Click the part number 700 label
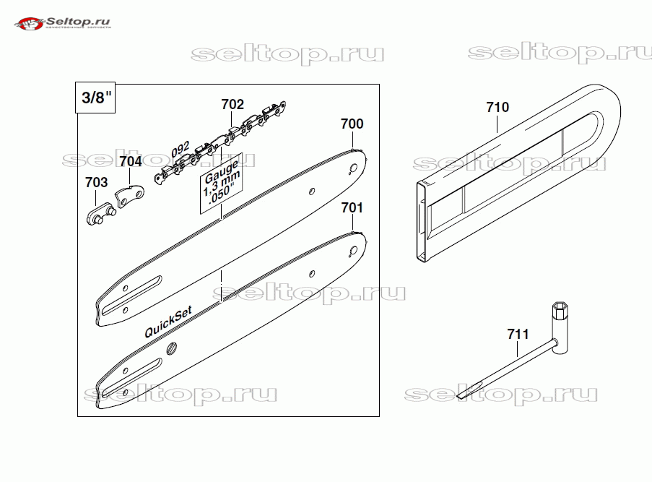(352, 124)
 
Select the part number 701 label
(352, 208)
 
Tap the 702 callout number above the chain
(232, 105)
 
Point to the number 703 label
(96, 182)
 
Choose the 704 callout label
(131, 161)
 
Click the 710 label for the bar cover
(497, 108)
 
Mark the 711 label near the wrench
(518, 335)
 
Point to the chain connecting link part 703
(100, 215)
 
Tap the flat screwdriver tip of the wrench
(462, 394)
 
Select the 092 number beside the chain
(181, 150)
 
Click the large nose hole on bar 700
(353, 168)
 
